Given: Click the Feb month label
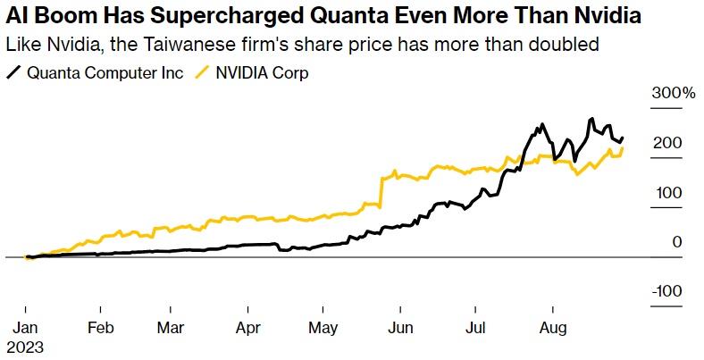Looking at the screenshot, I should pos(99,327).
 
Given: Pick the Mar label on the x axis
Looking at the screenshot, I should pos(171,327).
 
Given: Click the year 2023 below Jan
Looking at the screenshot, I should pos(27,345).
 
